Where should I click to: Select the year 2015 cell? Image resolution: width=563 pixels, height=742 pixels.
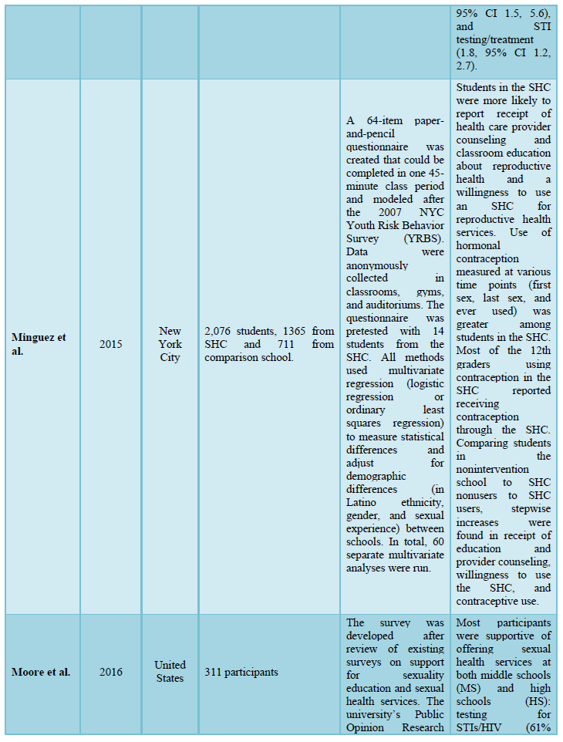[110, 345]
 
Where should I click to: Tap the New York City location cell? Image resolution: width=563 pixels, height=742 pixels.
[170, 345]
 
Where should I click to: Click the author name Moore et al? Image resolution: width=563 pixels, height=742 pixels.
[41, 672]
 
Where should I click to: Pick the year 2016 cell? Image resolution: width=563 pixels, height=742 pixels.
[110, 672]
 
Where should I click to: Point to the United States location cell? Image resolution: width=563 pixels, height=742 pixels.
[170, 671]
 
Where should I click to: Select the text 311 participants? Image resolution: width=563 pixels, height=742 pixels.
[241, 672]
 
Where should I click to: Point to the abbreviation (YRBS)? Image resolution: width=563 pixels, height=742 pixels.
[421, 238]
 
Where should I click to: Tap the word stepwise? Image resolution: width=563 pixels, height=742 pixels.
[531, 508]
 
